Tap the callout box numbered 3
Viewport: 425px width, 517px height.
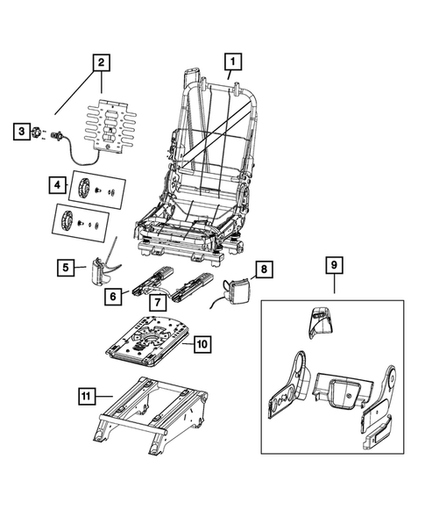click(19, 132)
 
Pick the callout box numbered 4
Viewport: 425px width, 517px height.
click(55, 185)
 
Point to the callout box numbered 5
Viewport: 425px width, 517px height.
click(65, 266)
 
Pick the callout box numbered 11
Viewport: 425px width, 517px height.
click(86, 396)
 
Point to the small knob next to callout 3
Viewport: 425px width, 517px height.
click(38, 132)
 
